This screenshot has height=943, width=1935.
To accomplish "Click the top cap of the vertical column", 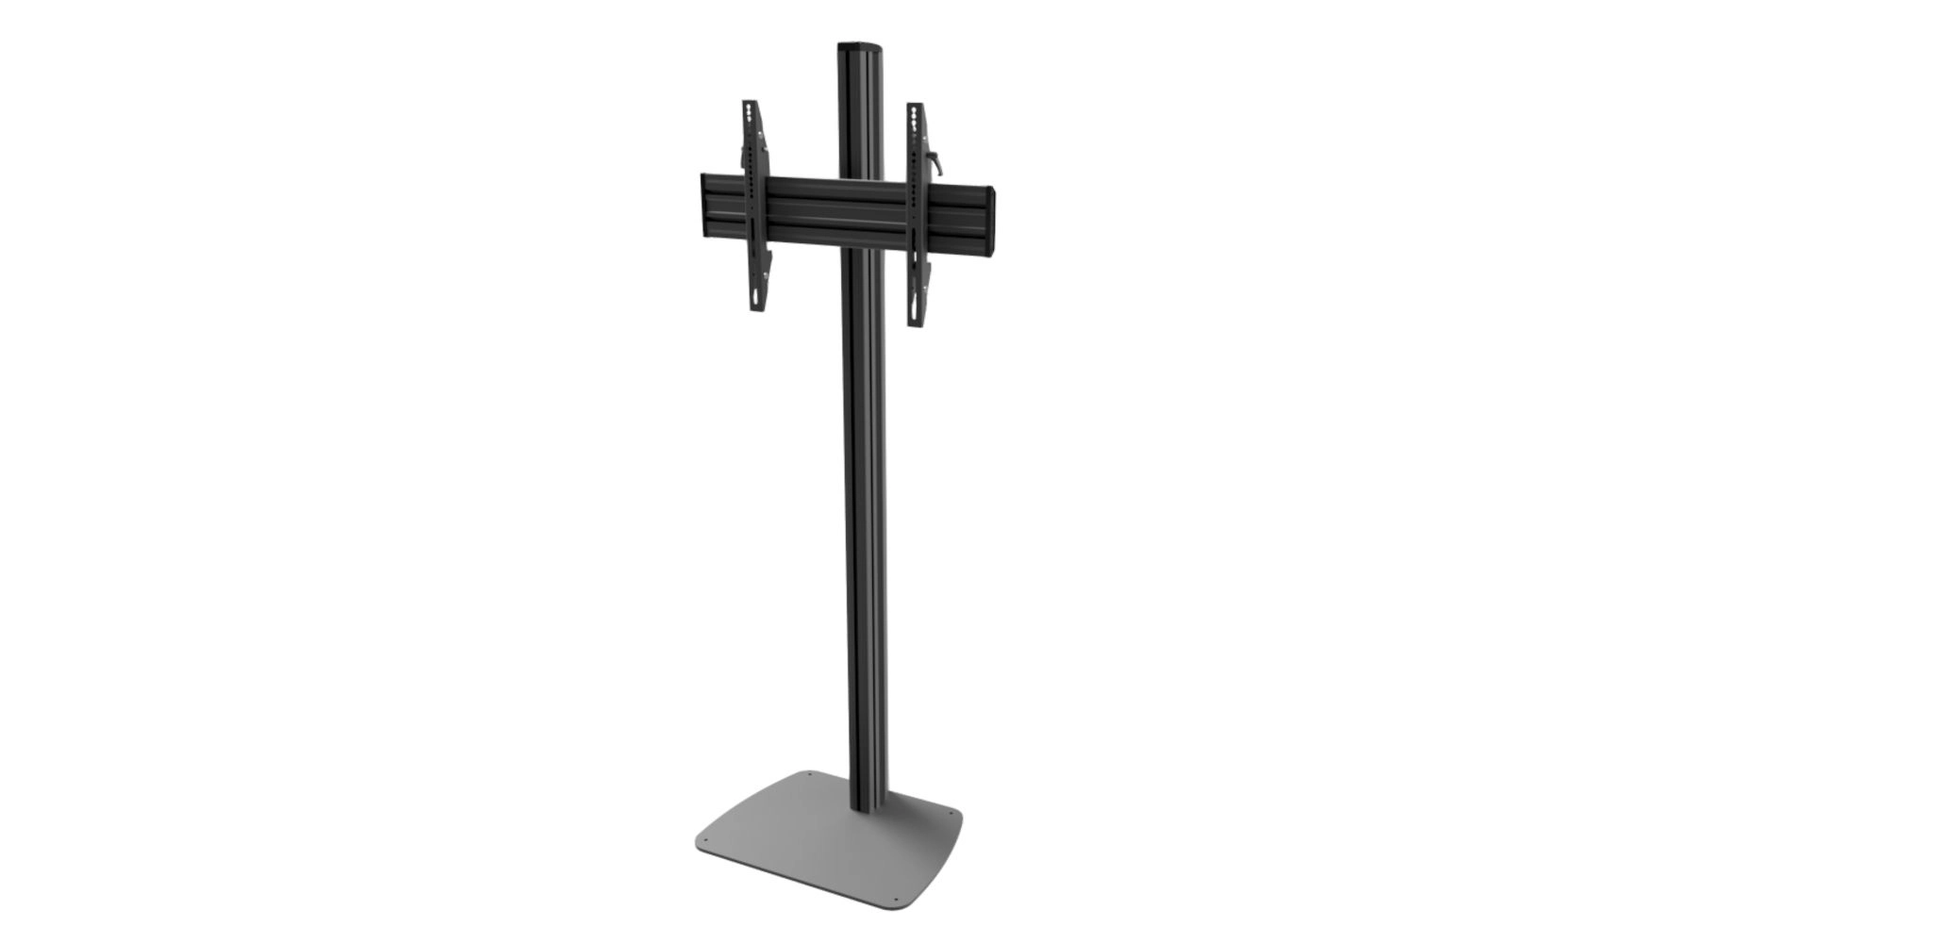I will pyautogui.click(x=857, y=46).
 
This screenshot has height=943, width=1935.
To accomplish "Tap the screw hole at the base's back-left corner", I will pyautogui.click(x=809, y=775).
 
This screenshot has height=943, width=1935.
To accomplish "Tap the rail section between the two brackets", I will pyautogui.click(x=839, y=214).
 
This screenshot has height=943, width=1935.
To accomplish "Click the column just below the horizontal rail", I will pyautogui.click(x=863, y=283).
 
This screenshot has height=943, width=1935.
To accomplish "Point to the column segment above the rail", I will pyautogui.click(x=857, y=113).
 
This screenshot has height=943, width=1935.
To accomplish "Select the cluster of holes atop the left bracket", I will pyautogui.click(x=749, y=116).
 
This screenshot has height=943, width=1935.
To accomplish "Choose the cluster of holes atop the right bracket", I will pyautogui.click(x=914, y=120).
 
